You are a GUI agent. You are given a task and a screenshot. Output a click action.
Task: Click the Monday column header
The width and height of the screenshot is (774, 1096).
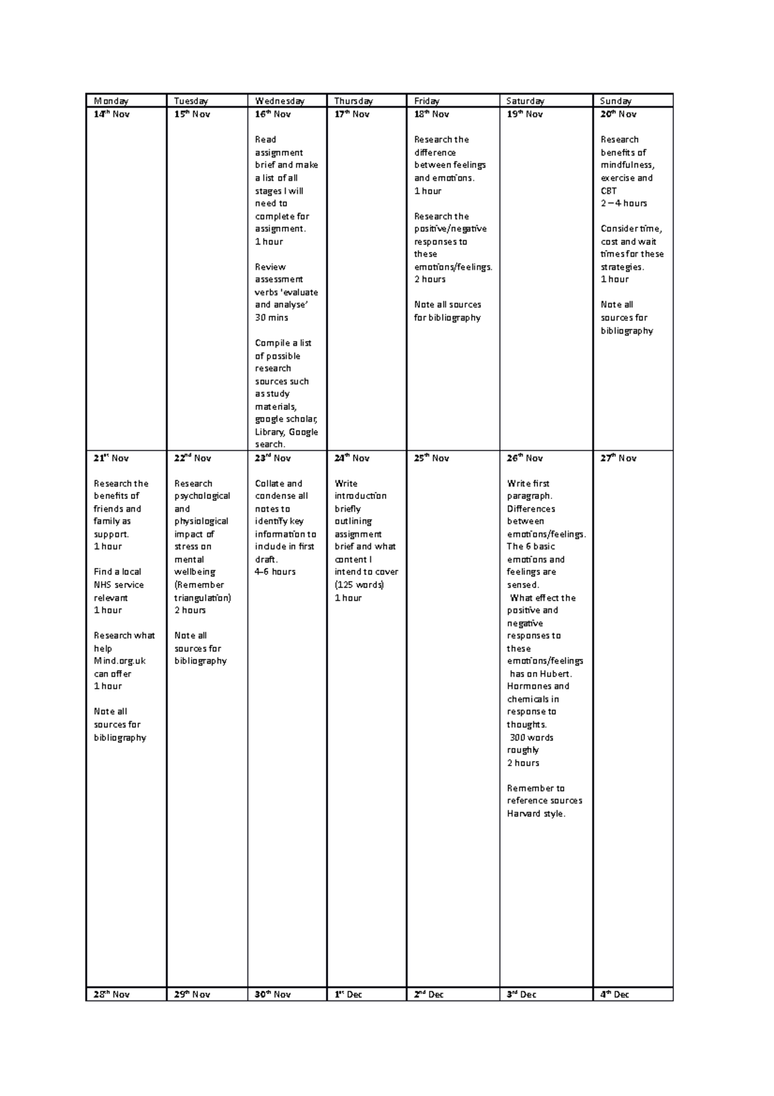click(x=111, y=101)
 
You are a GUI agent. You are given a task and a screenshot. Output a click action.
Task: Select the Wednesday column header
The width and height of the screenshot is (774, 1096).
click(x=280, y=101)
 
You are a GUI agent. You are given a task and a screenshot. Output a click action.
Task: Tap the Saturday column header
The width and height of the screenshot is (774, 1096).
click(x=525, y=101)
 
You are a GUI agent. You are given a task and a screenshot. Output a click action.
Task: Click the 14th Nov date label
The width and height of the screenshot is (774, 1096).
click(x=112, y=114)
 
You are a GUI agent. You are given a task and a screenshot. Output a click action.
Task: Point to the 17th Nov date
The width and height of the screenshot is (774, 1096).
click(x=352, y=114)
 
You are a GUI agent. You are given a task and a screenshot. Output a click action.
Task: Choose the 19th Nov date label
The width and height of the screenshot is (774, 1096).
click(x=524, y=114)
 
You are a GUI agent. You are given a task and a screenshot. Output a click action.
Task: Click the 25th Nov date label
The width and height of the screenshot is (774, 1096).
click(x=432, y=458)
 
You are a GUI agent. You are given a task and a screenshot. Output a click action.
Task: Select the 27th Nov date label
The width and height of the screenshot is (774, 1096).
click(x=618, y=458)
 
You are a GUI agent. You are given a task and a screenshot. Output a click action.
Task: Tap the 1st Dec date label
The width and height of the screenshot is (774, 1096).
click(x=348, y=995)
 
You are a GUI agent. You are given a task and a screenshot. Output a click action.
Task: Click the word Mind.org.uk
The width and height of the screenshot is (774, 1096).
click(x=120, y=661)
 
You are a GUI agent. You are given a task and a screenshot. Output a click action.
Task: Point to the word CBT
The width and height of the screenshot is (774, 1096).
click(x=609, y=191)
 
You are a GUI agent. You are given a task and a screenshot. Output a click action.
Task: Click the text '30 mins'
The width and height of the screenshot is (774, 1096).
click(x=272, y=318)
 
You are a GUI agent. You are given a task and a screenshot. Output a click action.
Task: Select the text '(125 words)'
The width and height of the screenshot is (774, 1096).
click(x=359, y=585)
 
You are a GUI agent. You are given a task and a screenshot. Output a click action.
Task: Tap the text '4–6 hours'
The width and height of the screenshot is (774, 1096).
click(x=275, y=572)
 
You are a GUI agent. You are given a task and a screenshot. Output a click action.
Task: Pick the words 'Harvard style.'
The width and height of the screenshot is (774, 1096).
click(x=536, y=814)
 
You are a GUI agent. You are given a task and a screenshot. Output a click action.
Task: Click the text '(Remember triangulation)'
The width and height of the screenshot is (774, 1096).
click(x=202, y=591)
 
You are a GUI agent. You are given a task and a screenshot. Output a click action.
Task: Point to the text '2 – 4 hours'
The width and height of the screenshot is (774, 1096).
click(x=624, y=203)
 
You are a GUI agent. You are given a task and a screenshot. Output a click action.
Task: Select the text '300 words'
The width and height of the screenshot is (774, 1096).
click(x=531, y=738)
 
